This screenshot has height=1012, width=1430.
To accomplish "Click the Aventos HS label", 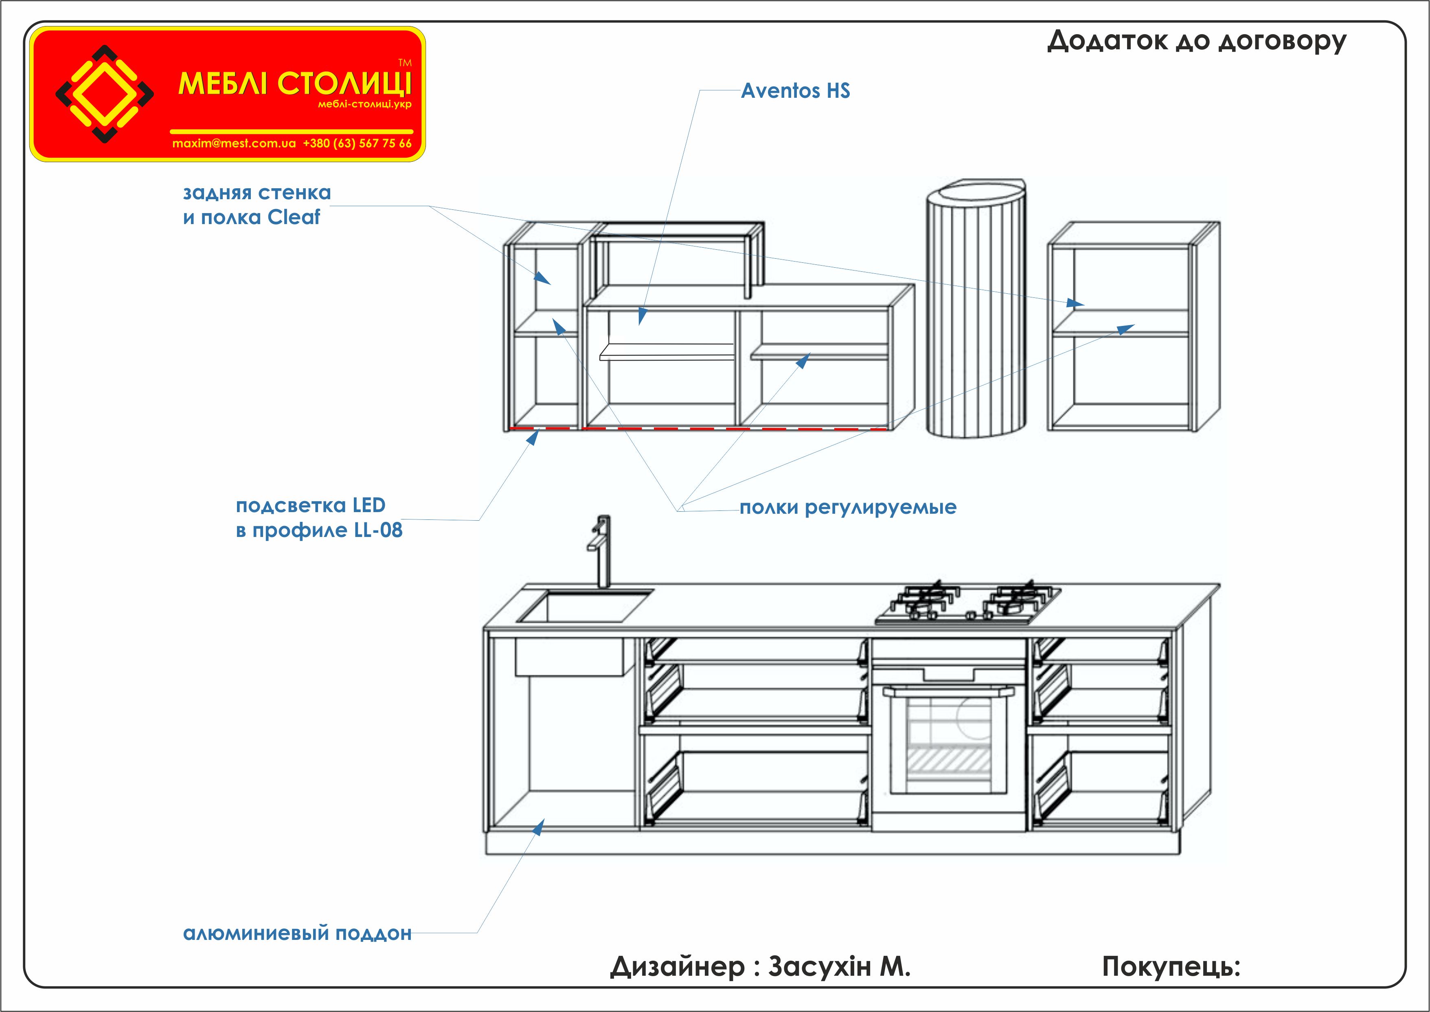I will (795, 91).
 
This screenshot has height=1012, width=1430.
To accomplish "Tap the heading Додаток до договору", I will (1196, 41).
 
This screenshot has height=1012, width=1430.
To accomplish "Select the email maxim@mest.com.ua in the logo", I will (234, 143).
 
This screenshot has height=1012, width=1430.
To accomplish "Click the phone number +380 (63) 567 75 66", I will (357, 143).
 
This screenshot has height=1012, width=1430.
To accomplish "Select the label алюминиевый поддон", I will (297, 933).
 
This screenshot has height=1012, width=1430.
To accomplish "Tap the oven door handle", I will (948, 691).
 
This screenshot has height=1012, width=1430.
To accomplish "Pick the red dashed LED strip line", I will (697, 429).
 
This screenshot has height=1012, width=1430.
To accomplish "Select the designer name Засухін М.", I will (839, 966).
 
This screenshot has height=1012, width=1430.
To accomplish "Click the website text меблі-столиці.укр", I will (364, 104).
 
